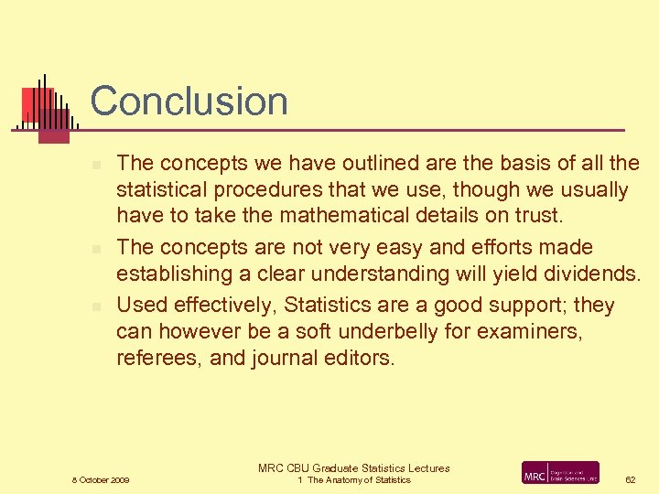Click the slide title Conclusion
click(x=189, y=101)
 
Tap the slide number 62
click(x=630, y=479)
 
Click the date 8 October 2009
click(x=101, y=480)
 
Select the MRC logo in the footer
click(x=560, y=473)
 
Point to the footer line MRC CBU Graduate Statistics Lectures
click(x=354, y=467)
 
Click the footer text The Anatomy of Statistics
click(x=359, y=480)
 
